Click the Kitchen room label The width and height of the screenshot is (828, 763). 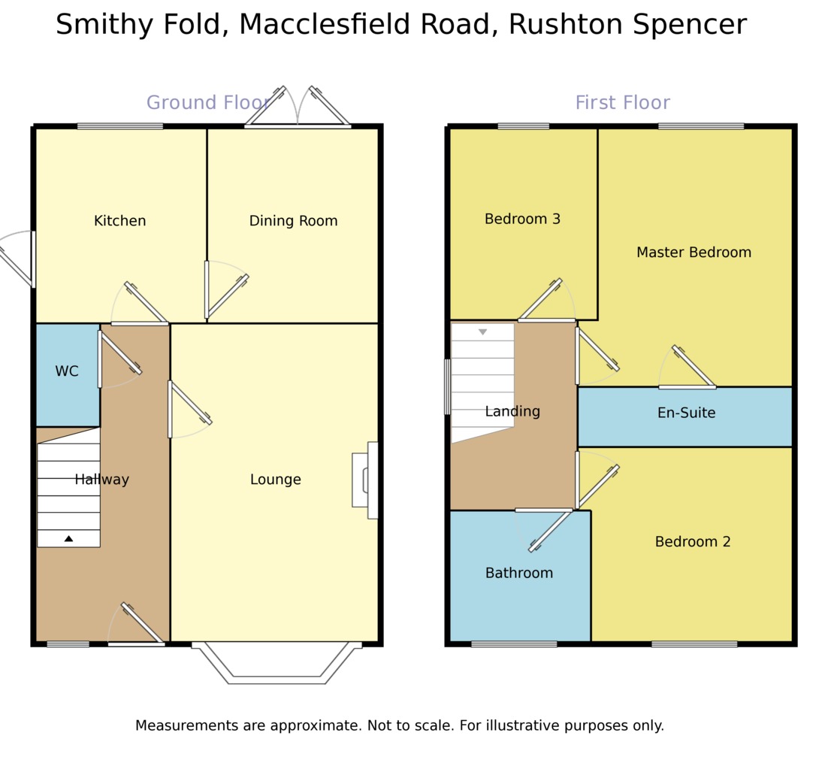(x=119, y=221)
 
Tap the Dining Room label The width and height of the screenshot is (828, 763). (x=293, y=221)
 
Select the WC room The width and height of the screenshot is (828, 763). (x=67, y=371)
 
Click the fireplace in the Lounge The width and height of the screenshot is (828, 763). (x=366, y=480)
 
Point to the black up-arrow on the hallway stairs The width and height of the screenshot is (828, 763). (x=68, y=538)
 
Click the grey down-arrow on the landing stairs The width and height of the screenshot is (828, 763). (x=482, y=332)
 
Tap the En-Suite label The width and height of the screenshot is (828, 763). (x=686, y=413)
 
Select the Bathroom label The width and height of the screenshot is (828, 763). (x=518, y=573)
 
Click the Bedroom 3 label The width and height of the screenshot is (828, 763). (x=522, y=219)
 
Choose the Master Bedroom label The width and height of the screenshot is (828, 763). (x=694, y=253)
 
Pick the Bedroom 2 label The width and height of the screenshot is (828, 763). (x=692, y=541)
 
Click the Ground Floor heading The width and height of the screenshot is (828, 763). (x=208, y=103)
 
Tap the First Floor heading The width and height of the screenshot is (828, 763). (x=622, y=103)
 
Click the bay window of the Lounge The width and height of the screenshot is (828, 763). (x=277, y=665)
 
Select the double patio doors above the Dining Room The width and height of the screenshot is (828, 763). (x=298, y=109)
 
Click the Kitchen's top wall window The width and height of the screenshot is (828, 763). (x=120, y=126)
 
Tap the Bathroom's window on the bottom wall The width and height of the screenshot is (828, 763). (x=514, y=644)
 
